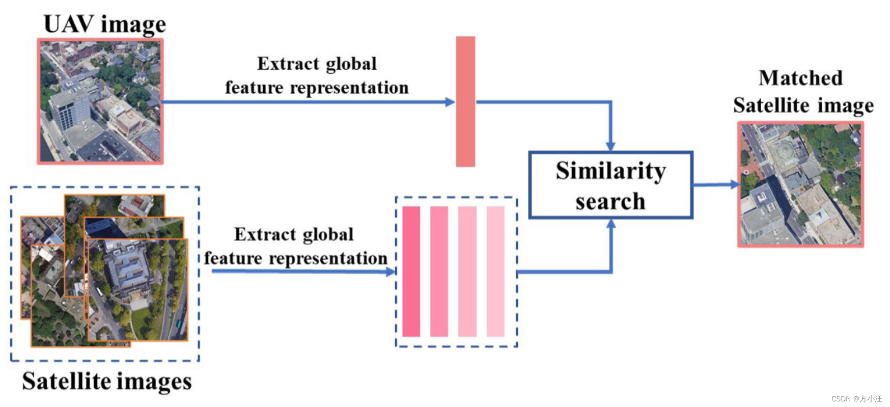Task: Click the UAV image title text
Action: point(104,24)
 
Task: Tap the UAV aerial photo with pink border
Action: point(100,101)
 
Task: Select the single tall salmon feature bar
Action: point(465,101)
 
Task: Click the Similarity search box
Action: point(610,185)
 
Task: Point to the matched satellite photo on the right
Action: point(800,184)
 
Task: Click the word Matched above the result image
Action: point(800,78)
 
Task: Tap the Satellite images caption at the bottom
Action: point(107,381)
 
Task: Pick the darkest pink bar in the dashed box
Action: point(411,271)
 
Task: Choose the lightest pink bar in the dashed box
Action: point(495,271)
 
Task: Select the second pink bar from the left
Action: point(439,271)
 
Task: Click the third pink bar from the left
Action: point(467,271)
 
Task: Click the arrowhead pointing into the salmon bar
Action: point(450,102)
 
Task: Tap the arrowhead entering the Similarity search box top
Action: point(610,146)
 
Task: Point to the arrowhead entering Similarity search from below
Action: point(611,224)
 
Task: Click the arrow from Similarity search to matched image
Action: point(715,184)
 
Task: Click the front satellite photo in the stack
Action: point(137,289)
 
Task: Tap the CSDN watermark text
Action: point(856,398)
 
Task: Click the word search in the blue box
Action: point(610,202)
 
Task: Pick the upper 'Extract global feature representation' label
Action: point(317,75)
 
